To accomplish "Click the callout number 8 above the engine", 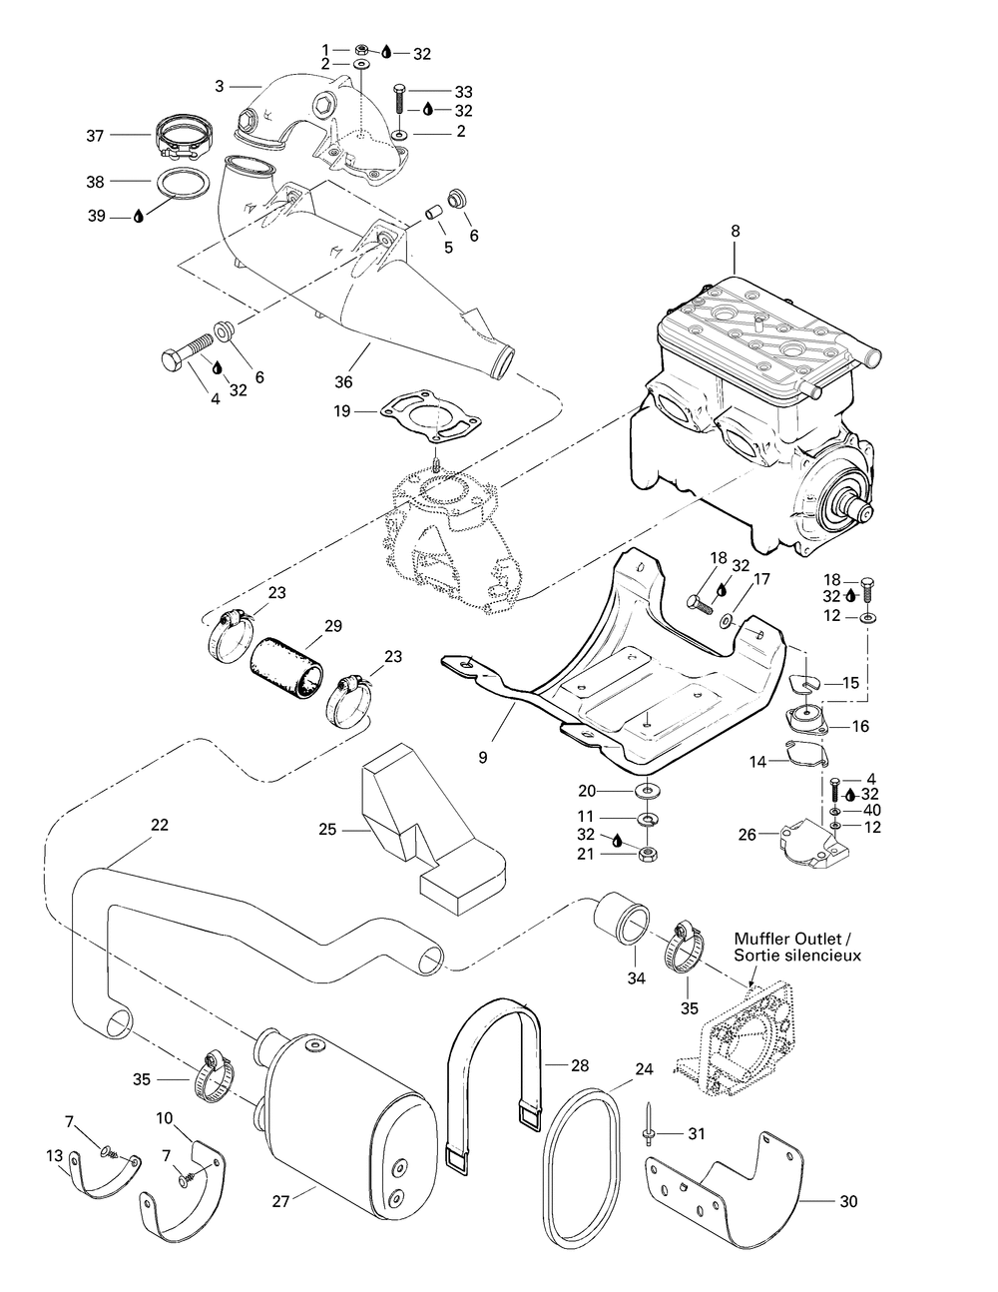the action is [736, 232].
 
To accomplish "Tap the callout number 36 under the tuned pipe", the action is [343, 381].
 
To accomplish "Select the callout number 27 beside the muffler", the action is [280, 1201].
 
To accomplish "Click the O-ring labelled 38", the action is [183, 182].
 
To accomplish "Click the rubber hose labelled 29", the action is [287, 667].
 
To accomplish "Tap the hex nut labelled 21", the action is [646, 855].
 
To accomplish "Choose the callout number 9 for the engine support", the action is [482, 758].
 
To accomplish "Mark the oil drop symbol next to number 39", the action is [139, 217].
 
